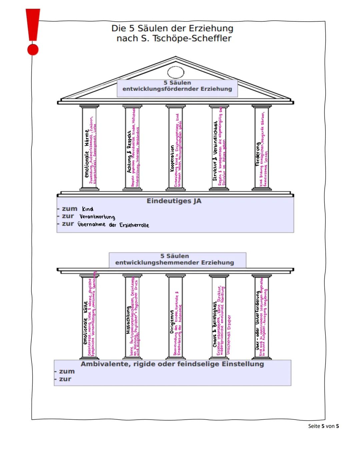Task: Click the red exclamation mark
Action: click(x=33, y=32)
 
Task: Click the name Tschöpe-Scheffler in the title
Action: click(x=192, y=38)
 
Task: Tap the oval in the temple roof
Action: click(x=176, y=72)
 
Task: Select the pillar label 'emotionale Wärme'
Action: click(x=87, y=153)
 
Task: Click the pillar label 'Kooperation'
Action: click(x=172, y=158)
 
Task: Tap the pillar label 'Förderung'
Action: click(x=258, y=154)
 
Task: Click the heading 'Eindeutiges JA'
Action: click(x=174, y=201)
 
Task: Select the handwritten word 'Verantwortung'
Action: click(x=97, y=217)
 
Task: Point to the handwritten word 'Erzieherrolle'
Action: click(x=134, y=225)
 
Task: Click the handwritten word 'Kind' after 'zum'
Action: click(x=88, y=209)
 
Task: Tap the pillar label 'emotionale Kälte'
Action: click(x=85, y=323)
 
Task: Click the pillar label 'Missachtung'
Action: click(x=128, y=320)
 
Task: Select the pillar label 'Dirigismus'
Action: click(x=172, y=322)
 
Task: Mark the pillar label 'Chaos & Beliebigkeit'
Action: click(x=215, y=325)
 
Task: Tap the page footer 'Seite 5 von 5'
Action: click(x=323, y=426)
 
